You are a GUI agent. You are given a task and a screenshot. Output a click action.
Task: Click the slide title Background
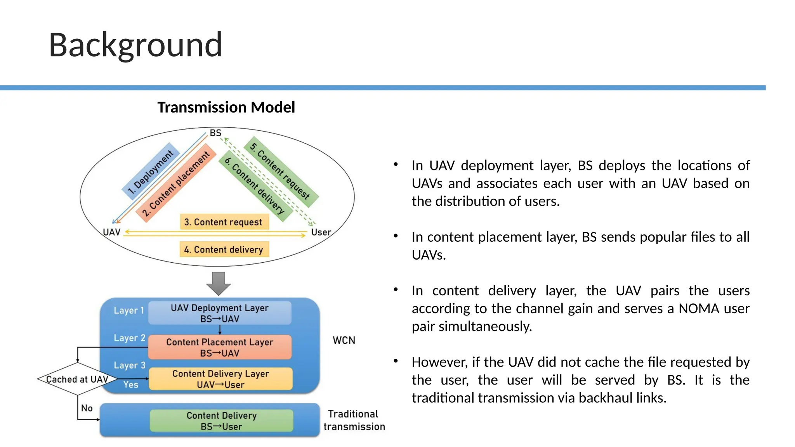[135, 45]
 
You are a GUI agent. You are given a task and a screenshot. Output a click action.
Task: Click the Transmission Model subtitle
[226, 107]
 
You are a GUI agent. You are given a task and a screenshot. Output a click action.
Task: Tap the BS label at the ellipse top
[215, 133]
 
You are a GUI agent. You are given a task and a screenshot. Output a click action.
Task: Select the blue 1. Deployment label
[151, 172]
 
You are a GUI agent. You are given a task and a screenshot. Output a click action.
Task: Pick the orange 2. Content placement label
[176, 183]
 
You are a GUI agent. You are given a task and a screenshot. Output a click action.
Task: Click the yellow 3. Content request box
[224, 222]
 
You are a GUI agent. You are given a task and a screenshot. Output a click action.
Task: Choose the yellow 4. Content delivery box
[224, 249]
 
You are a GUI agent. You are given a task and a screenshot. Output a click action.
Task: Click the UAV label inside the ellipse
[112, 232]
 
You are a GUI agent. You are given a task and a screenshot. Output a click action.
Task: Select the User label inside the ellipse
[321, 232]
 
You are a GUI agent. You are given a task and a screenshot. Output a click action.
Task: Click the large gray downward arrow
[219, 283]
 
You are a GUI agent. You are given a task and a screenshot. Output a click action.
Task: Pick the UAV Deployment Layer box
[220, 313]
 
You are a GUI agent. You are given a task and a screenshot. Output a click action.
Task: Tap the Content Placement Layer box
[220, 347]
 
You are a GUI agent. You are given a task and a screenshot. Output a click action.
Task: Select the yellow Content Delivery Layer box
[220, 379]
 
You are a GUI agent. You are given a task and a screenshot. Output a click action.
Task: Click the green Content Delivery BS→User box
[221, 421]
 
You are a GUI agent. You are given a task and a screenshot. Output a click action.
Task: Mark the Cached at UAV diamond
[77, 379]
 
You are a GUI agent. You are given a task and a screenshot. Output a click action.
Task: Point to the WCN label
[344, 340]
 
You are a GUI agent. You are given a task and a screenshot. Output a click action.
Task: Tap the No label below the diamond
[87, 408]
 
